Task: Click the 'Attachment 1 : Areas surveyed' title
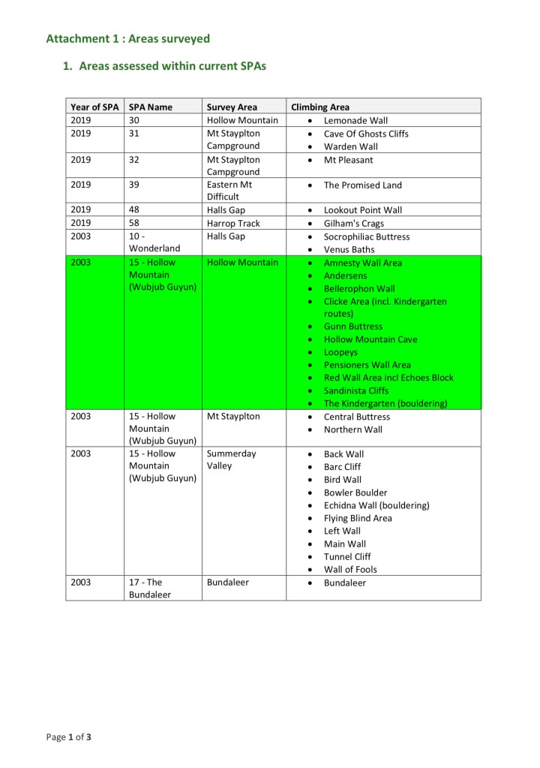tap(127, 38)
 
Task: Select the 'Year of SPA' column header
tap(94, 107)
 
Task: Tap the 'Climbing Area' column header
tap(320, 107)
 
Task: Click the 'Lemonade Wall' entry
tap(355, 120)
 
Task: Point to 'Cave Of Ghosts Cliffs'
tap(366, 134)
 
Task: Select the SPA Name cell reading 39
tap(135, 185)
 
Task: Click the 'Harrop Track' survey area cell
tap(233, 223)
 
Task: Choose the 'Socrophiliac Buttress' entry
tap(367, 236)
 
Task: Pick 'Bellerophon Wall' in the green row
tap(359, 288)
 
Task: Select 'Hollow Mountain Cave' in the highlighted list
tap(370, 339)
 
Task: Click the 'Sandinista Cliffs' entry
tap(356, 390)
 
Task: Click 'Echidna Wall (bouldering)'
tap(376, 505)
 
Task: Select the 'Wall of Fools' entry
tap(350, 569)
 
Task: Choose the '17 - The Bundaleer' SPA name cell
tap(150, 588)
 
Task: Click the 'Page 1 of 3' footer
tap(69, 737)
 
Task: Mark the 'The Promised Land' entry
tap(363, 185)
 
